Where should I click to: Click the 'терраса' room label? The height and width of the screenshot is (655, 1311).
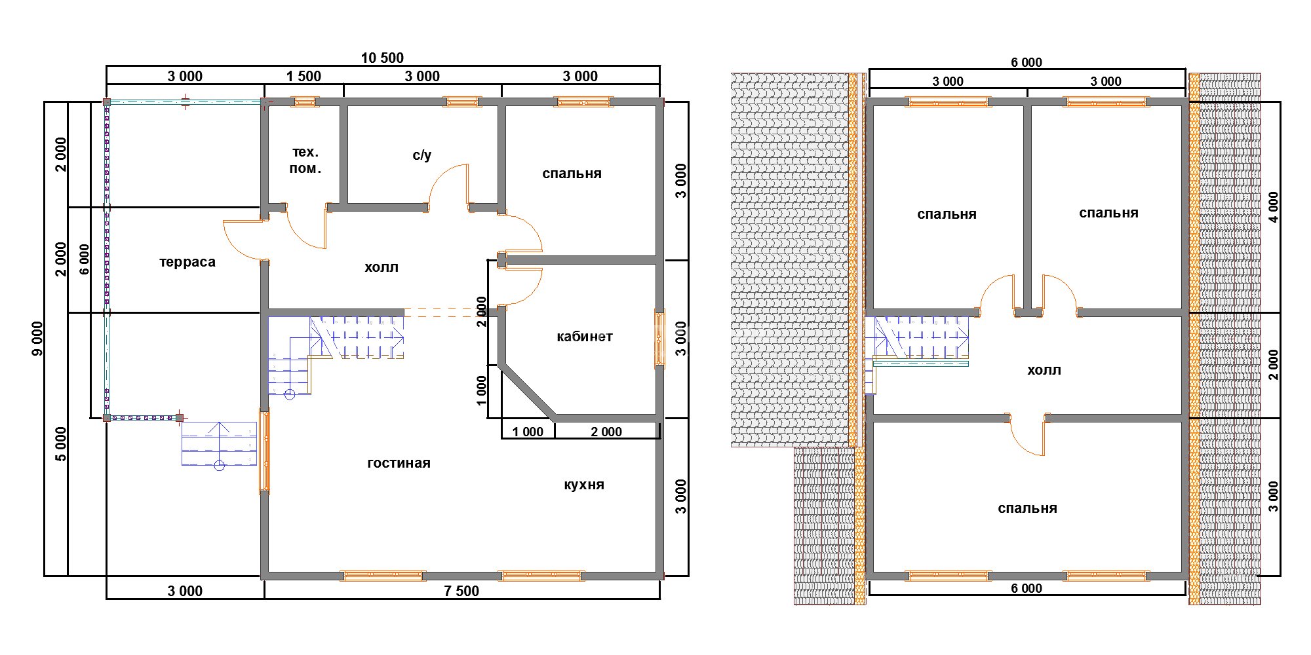[x=187, y=262]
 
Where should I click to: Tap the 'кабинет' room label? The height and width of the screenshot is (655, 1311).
[x=585, y=337]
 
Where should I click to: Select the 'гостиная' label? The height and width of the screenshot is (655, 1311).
[x=399, y=463]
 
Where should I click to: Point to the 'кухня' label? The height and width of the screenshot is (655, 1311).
[x=584, y=485]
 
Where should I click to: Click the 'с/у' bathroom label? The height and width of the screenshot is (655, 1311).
[x=422, y=155]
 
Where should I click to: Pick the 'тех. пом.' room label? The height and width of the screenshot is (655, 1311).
[x=305, y=160]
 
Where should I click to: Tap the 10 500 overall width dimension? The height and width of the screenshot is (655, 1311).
[x=382, y=58]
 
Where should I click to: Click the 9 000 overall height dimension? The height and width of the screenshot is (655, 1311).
[x=37, y=339]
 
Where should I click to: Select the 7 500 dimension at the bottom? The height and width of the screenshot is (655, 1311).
[x=461, y=591]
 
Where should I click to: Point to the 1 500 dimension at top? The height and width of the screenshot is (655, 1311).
[x=303, y=76]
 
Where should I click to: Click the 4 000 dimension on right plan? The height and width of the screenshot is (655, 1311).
[x=1273, y=207]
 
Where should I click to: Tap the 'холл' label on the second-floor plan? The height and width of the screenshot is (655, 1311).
[x=1044, y=370]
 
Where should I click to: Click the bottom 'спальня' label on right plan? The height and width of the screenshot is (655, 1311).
[x=1027, y=508]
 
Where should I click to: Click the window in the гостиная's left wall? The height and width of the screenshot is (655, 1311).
[x=265, y=450]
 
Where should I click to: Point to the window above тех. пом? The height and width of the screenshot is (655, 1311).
[x=305, y=102]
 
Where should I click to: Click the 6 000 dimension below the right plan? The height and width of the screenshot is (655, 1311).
[x=1027, y=588]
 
